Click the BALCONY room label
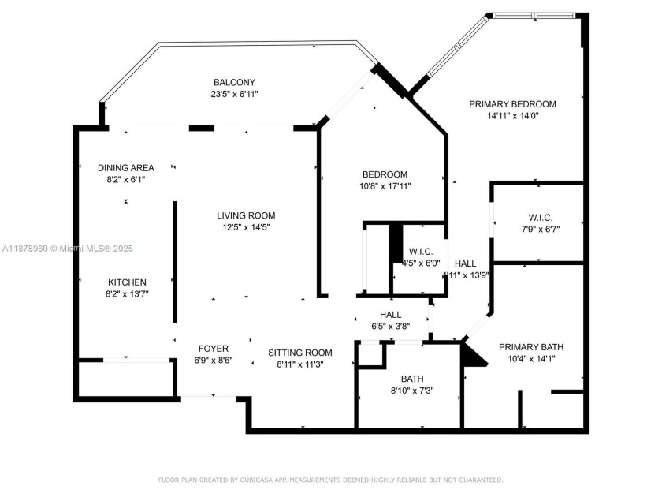tap(234, 82)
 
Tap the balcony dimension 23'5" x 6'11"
tap(234, 94)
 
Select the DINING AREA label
tap(126, 167)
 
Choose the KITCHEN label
tap(127, 282)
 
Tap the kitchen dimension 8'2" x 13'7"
tap(127, 293)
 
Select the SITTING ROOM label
tap(299, 353)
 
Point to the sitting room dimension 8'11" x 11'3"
tap(299, 364)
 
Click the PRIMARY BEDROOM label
tap(512, 103)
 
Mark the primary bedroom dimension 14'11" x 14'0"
tap(512, 115)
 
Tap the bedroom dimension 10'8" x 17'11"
tap(385, 186)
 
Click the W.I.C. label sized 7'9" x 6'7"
tap(540, 217)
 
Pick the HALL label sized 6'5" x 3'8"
tap(391, 315)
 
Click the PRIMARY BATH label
tap(530, 346)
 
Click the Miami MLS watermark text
tap(67, 248)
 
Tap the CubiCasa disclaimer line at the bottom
tap(330, 480)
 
